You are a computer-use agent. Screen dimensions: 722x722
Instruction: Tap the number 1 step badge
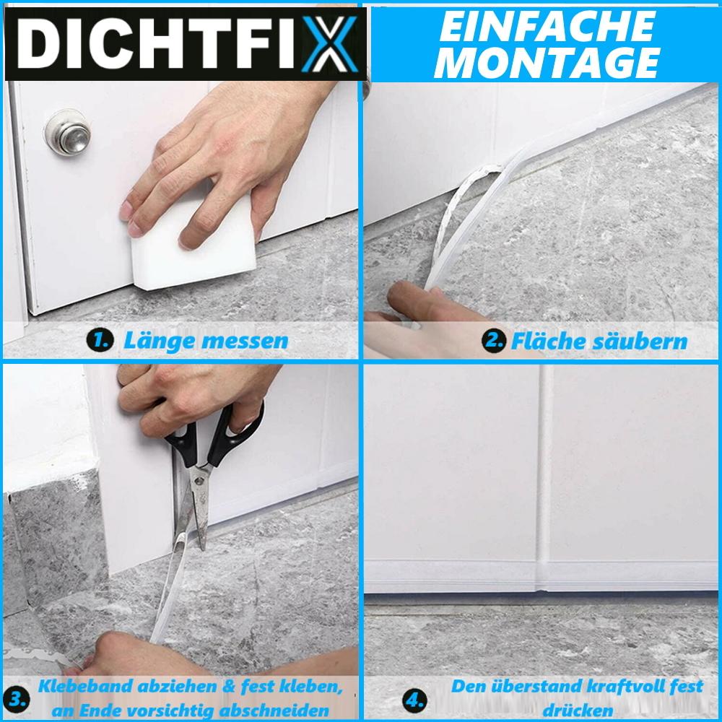pyautogui.click(x=99, y=341)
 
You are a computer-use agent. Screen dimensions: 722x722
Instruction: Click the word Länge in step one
pyautogui.click(x=155, y=340)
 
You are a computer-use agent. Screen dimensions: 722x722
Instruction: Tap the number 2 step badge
pyautogui.click(x=495, y=340)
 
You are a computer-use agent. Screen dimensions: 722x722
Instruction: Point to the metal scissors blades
pyautogui.click(x=193, y=505)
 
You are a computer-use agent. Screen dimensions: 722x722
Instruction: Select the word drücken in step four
pyautogui.click(x=578, y=709)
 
